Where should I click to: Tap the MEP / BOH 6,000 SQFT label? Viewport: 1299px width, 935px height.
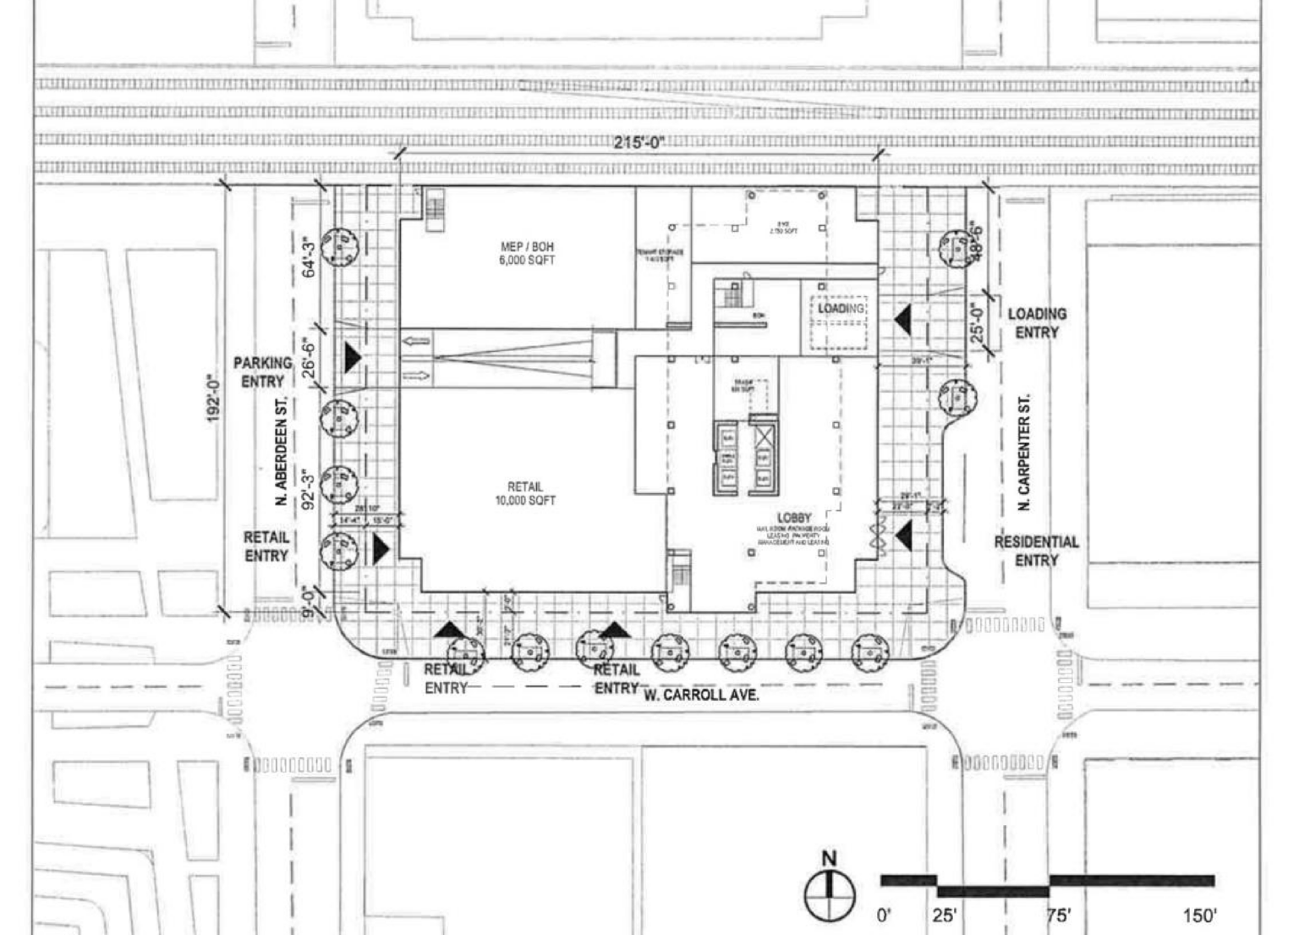[528, 254]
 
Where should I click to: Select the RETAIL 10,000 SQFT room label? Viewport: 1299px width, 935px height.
[525, 493]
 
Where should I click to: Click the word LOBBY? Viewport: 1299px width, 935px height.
[794, 517]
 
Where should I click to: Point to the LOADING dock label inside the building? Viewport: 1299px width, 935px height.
[841, 309]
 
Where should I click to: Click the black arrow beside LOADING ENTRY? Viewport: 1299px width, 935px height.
[902, 320]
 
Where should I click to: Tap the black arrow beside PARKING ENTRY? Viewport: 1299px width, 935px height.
[352, 358]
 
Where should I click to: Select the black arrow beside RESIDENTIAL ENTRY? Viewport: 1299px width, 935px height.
[903, 534]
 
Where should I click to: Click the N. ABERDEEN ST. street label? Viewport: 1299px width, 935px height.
[282, 451]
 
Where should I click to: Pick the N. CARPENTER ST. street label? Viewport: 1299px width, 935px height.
[1024, 451]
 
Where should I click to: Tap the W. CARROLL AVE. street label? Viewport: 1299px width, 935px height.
[701, 696]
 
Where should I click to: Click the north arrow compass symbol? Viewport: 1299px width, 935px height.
[829, 893]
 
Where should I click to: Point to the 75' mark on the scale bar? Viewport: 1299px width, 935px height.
[1058, 915]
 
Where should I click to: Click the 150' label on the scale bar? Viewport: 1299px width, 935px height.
[1199, 915]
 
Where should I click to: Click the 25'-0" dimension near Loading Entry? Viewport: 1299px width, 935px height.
[978, 322]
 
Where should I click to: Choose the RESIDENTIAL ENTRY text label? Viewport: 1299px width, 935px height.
[1036, 551]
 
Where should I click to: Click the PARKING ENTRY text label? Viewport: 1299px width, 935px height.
[263, 371]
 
